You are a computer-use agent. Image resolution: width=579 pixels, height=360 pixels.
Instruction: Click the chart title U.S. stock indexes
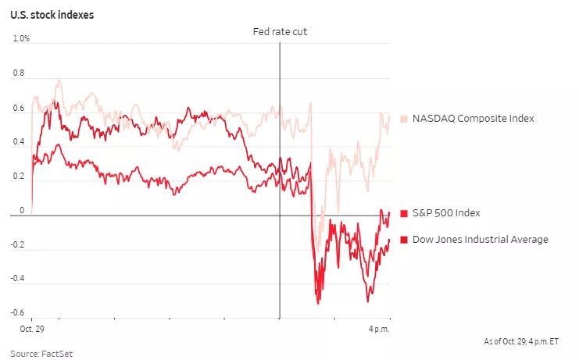(x=52, y=15)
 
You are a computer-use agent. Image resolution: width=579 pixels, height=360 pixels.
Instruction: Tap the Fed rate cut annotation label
(x=279, y=31)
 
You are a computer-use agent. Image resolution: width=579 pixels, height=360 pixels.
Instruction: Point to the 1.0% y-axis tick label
(x=22, y=39)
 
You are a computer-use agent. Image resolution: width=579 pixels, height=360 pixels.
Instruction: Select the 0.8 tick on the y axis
(x=19, y=73)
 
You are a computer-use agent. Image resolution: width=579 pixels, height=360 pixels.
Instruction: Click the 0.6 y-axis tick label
(x=19, y=108)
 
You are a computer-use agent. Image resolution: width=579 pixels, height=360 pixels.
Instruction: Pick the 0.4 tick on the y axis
(x=19, y=142)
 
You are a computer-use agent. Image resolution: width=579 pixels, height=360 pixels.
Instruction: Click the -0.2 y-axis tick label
(x=17, y=244)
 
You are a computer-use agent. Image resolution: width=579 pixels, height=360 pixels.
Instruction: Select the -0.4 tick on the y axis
(x=17, y=279)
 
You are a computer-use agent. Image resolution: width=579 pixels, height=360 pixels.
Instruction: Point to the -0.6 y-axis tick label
(x=17, y=313)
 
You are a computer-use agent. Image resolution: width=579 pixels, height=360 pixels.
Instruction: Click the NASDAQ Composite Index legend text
(x=474, y=119)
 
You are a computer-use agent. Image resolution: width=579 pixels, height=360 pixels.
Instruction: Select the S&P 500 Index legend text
(x=446, y=213)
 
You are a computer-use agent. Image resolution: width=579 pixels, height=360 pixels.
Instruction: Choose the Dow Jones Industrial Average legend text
(x=480, y=239)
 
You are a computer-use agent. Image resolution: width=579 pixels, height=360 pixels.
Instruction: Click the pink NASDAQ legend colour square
(x=404, y=119)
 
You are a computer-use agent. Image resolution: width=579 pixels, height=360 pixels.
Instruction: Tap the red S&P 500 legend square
(x=404, y=213)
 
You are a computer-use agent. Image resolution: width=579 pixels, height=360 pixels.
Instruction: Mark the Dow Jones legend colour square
(x=404, y=239)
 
